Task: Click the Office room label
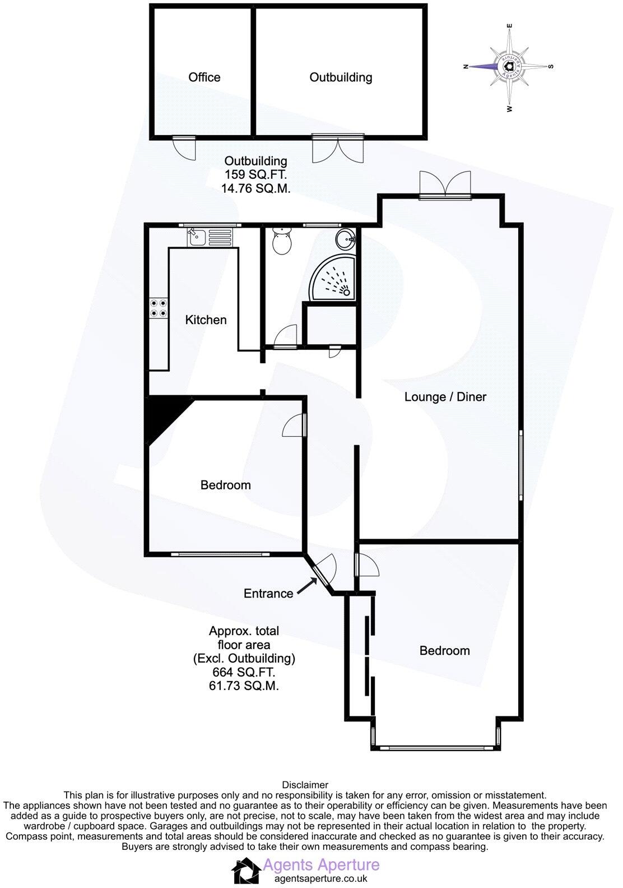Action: tap(204, 77)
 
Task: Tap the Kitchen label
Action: tap(206, 320)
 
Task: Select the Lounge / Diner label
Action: tap(445, 397)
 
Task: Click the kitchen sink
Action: tap(196, 238)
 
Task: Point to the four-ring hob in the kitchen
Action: tap(158, 308)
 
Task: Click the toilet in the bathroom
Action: tap(281, 242)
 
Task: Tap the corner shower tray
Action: tap(333, 278)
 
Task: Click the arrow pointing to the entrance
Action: tap(305, 586)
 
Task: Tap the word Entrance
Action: tap(268, 593)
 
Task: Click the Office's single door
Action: tap(184, 148)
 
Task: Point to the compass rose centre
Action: tap(508, 66)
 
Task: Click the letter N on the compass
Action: tap(465, 67)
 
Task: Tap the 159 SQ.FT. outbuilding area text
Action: tap(255, 174)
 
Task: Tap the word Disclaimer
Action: tap(305, 785)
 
